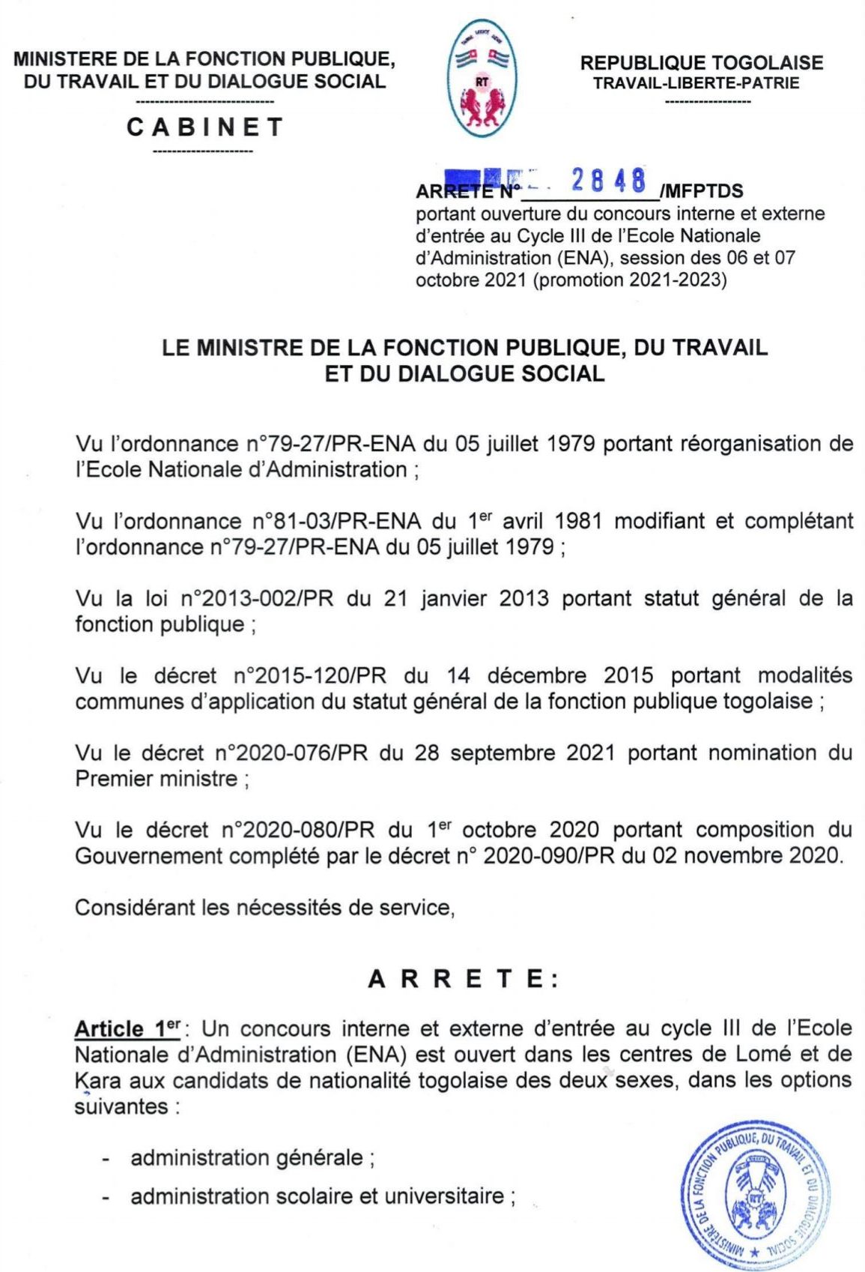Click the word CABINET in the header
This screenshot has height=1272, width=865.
click(205, 127)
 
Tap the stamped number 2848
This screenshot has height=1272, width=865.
click(607, 181)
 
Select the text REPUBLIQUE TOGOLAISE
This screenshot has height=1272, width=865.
click(701, 63)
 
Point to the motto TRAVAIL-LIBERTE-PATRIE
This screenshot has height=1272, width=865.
click(696, 83)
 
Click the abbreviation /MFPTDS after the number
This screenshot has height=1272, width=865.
click(701, 192)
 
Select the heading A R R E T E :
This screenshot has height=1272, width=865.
click(463, 979)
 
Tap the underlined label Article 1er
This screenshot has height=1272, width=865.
click(126, 1028)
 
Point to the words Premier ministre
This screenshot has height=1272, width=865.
click(156, 779)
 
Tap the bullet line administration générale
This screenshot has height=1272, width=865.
click(247, 1157)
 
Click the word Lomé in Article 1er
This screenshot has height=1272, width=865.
click(763, 1054)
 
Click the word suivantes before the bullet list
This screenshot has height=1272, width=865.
click(121, 1106)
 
